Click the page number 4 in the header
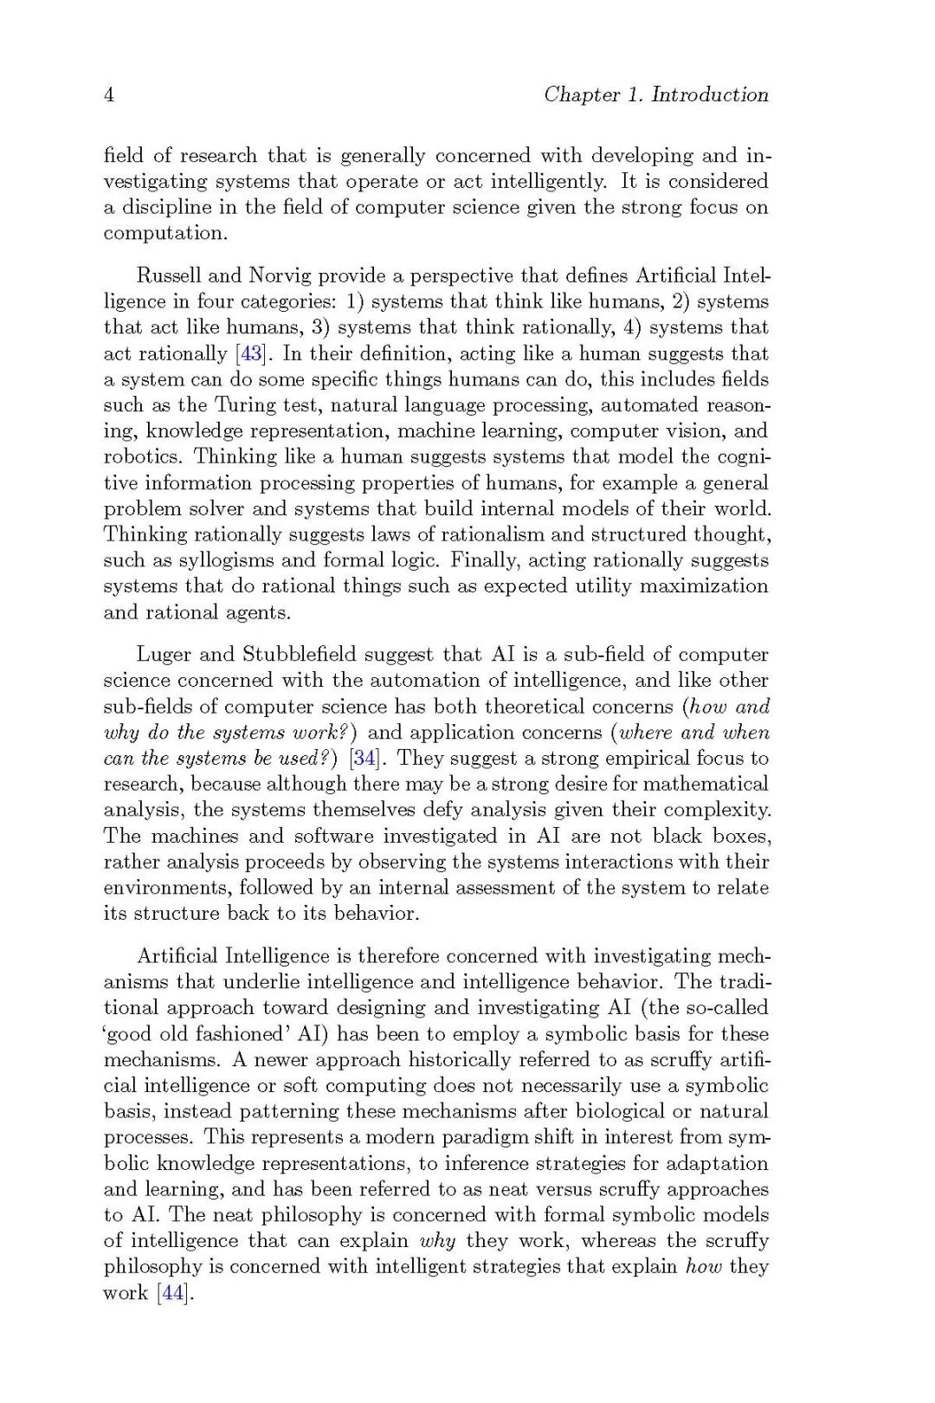tap(109, 95)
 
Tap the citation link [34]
tap(363, 759)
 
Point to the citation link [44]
tap(172, 1294)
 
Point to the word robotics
tap(141, 457)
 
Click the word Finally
tap(484, 561)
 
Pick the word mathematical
tap(707, 785)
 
